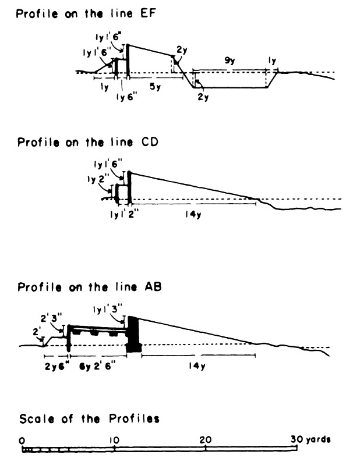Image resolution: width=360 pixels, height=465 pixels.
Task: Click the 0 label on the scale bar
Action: coord(22,439)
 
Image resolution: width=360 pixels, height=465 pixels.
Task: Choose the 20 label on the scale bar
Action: coord(205,439)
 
